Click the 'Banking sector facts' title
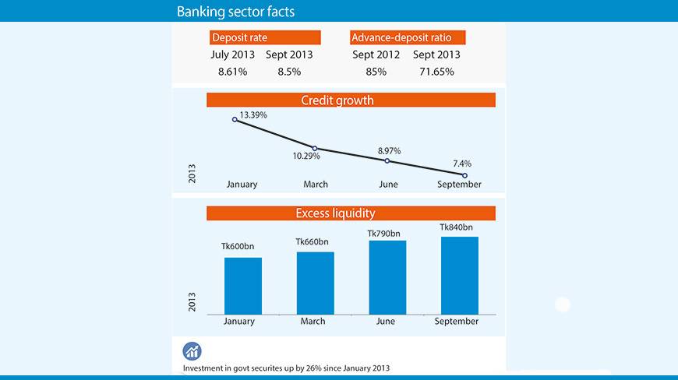coord(235,12)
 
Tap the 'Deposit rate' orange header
coord(266,37)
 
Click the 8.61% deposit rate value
coord(232,72)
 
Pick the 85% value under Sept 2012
coord(376,72)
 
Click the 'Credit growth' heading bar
coord(351,100)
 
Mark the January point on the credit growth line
coord(235,120)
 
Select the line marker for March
coord(315,148)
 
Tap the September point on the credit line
coord(464,175)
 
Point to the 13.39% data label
coord(253,114)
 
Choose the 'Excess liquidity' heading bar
coord(351,213)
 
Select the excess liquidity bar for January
coord(243,285)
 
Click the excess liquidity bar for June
coord(387,276)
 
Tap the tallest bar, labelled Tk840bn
coord(459,275)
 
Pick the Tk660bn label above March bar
coord(312,242)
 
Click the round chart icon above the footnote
coord(192,351)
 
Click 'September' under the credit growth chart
coord(459,185)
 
